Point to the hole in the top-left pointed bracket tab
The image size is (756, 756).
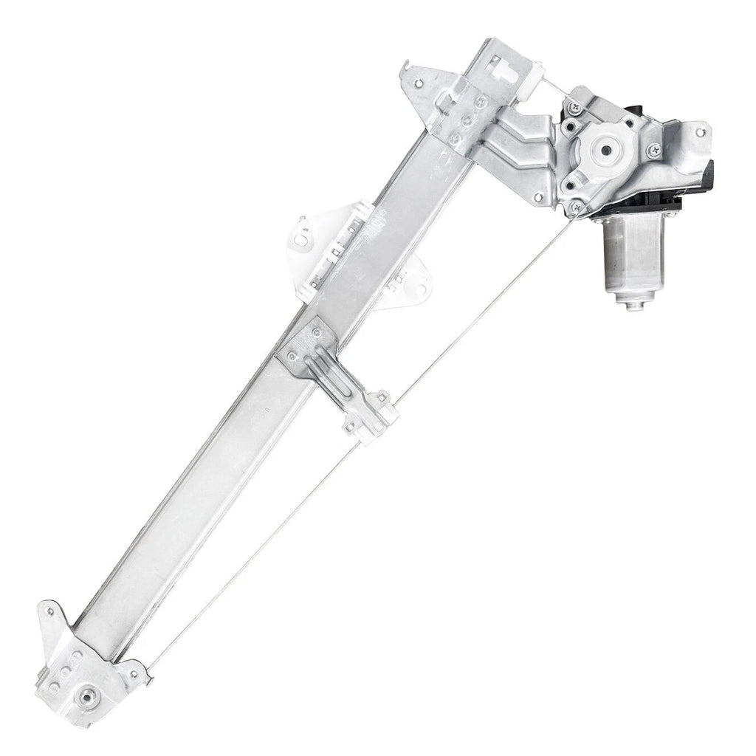[419, 82]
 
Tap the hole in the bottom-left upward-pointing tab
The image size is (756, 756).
[49, 612]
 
